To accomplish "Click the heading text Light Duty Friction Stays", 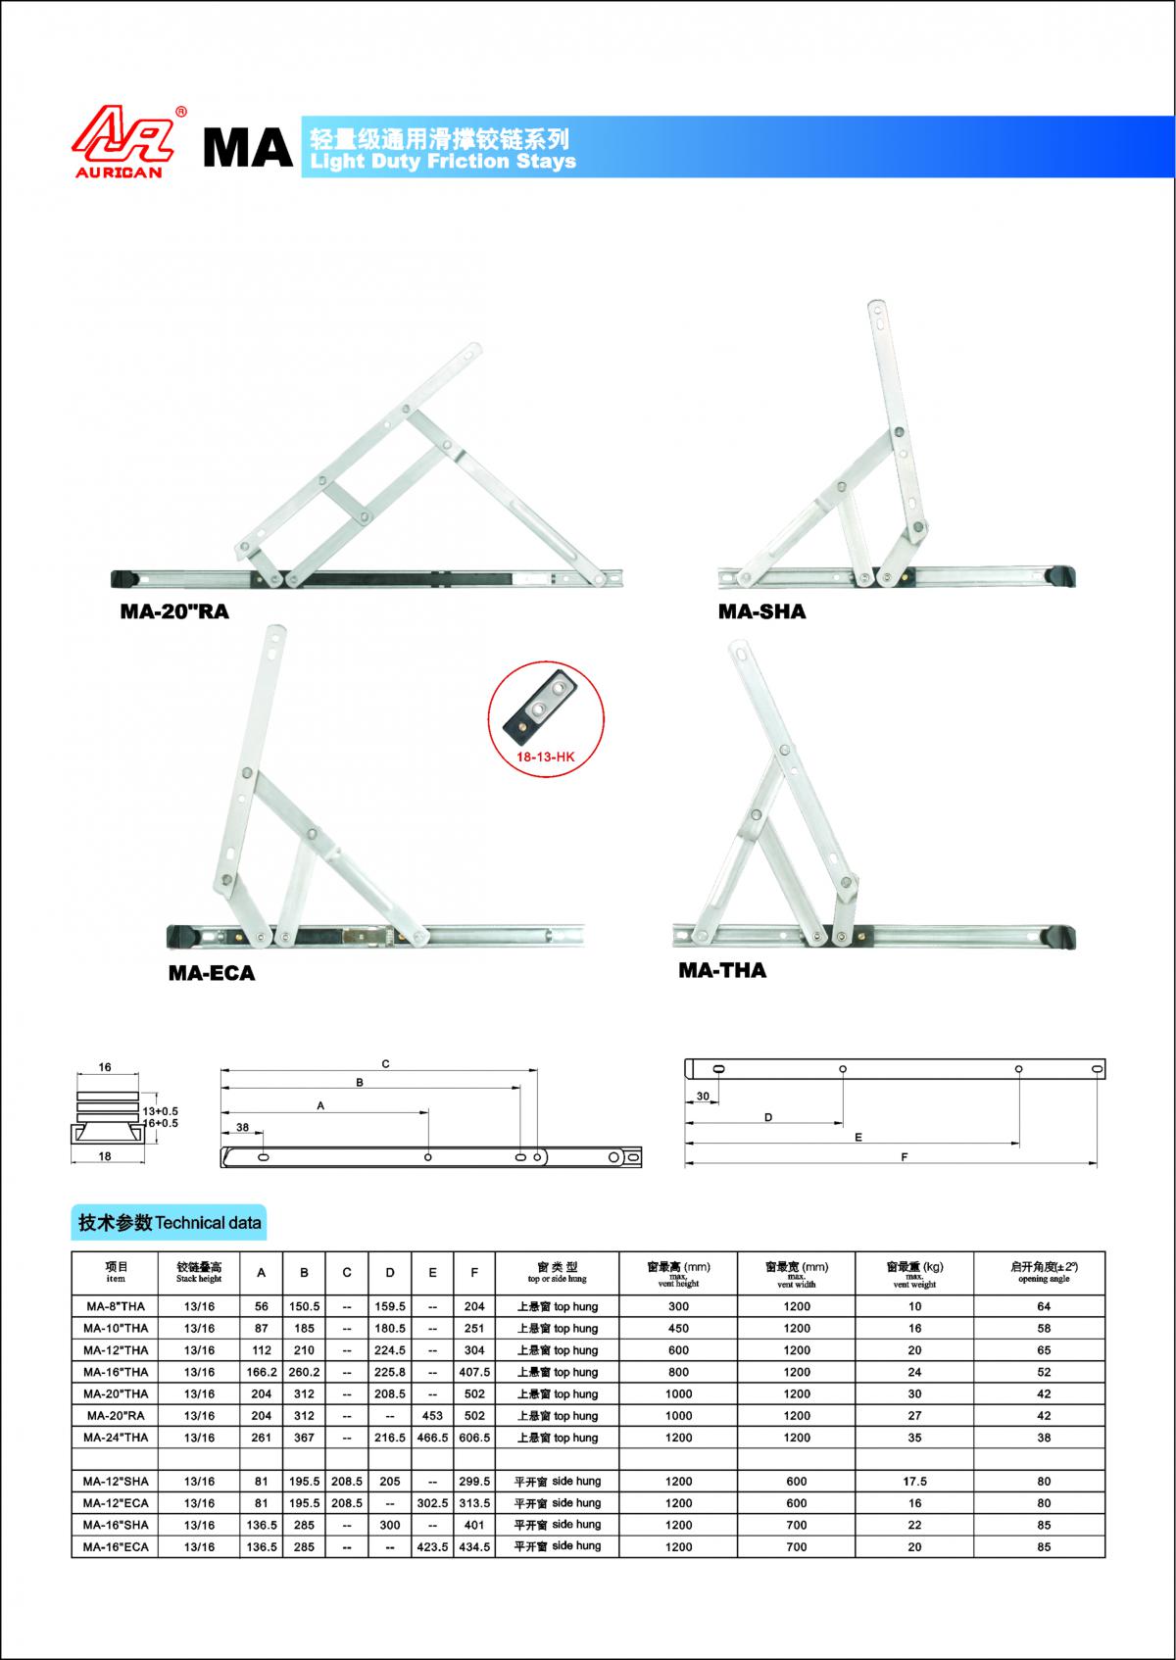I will (x=442, y=162).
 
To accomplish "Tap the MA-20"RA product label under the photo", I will (x=174, y=612).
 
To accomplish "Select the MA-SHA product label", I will (x=761, y=612).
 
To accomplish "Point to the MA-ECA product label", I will (x=211, y=973).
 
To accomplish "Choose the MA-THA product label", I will (x=722, y=971).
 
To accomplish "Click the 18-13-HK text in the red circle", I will (x=545, y=757).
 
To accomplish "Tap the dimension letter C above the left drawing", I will (x=386, y=1064).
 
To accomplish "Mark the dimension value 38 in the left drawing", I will (x=242, y=1128).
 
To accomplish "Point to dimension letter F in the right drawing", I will (x=905, y=1157).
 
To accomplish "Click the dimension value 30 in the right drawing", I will (x=703, y=1096).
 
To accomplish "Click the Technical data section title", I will (x=170, y=1223).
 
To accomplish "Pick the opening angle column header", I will (x=1044, y=1272).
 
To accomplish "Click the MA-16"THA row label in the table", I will (x=116, y=1372).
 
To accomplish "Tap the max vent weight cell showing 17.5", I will (x=914, y=1482).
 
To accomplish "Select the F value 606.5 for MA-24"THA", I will (x=474, y=1438).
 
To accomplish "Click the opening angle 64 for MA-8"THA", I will (x=1044, y=1306).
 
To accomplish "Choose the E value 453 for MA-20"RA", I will (x=432, y=1416).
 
